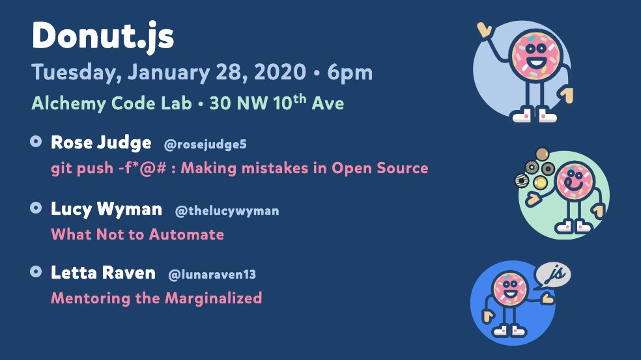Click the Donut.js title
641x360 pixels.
103,36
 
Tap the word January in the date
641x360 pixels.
169,72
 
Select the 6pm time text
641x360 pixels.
350,73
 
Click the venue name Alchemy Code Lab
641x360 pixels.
111,104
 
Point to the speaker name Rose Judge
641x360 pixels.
101,143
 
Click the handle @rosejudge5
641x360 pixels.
205,145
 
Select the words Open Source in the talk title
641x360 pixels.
380,169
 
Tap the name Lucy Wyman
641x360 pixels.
106,209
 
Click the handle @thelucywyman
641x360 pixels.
227,211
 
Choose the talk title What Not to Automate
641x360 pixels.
137,234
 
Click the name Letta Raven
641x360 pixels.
103,273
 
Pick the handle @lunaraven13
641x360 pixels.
212,274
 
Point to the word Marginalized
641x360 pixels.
214,298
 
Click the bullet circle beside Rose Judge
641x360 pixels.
36,141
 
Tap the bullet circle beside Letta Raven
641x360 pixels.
36,271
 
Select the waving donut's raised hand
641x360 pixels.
485,30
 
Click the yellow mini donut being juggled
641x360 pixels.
540,182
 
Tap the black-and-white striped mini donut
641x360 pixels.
522,180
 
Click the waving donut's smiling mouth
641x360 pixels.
536,63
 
